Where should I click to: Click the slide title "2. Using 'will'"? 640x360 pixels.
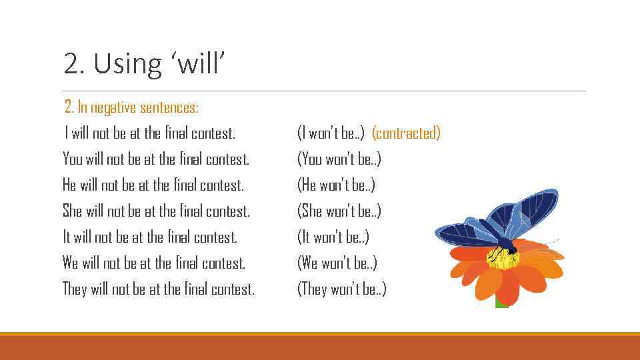[x=145, y=64]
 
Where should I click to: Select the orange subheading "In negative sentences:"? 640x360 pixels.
[x=138, y=107]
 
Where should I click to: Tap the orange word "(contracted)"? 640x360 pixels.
[x=406, y=133]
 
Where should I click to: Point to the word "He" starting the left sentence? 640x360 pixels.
[x=69, y=185]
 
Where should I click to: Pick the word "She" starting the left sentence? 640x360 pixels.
[x=72, y=211]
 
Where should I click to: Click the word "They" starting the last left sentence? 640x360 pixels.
[x=75, y=289]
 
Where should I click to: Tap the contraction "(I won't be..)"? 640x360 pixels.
[x=331, y=133]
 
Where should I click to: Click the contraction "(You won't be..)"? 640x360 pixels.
[x=339, y=159]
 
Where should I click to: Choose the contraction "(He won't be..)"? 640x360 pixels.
[x=336, y=185]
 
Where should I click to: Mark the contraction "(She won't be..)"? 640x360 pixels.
[x=339, y=211]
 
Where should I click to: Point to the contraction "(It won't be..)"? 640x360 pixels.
[x=333, y=237]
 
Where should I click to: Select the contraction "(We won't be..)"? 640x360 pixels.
[x=337, y=263]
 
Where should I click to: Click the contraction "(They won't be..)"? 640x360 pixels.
[x=341, y=289]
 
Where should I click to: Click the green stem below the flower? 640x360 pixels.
[x=501, y=302]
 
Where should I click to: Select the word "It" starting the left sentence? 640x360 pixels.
[x=67, y=237]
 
